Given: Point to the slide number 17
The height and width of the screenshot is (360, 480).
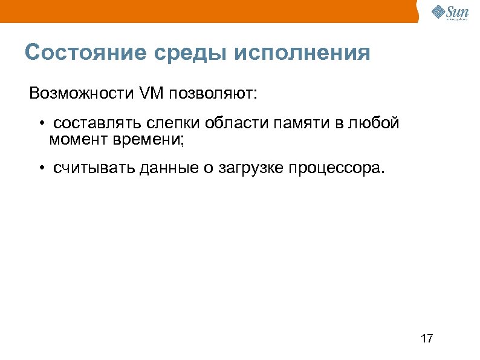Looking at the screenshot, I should click(x=426, y=338).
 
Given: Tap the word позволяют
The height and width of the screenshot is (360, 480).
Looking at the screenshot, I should click(x=212, y=94).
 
